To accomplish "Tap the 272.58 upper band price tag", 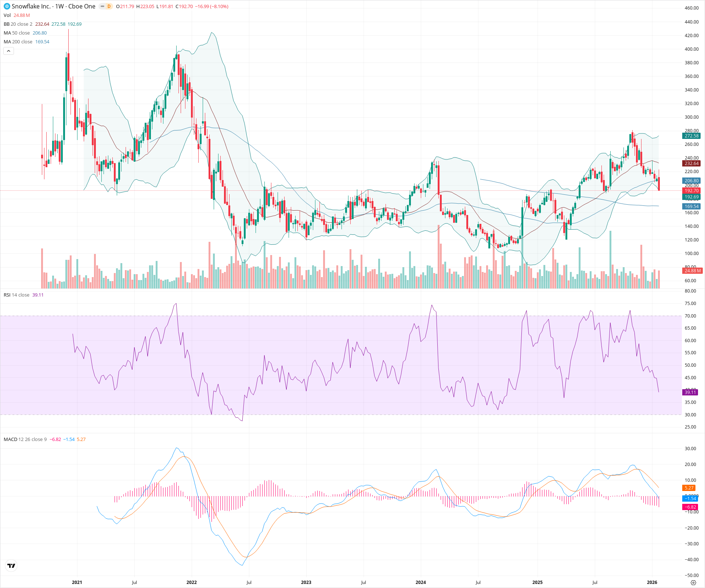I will (691, 136).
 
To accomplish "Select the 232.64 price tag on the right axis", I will (691, 164).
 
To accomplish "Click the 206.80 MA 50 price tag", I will (691, 181).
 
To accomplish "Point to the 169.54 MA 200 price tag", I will (691, 207).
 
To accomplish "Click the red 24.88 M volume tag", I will (692, 271).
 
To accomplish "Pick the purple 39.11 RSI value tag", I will (690, 392).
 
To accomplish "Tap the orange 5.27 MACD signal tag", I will (689, 488).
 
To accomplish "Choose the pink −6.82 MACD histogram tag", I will (690, 507).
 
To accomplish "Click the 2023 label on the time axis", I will (306, 582).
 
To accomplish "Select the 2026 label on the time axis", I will (652, 582).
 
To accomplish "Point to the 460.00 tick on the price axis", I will (691, 8).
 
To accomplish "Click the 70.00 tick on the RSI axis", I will (690, 316).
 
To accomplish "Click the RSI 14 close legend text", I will (17, 295).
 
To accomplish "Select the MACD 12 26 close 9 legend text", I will (25, 440).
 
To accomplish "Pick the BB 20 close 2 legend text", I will (18, 24).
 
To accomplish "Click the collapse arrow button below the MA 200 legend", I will (8, 51).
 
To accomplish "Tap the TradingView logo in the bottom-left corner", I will (11, 566).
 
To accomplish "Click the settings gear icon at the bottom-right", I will (693, 583).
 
